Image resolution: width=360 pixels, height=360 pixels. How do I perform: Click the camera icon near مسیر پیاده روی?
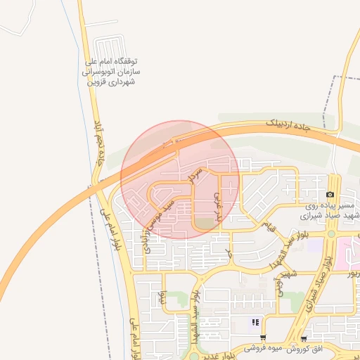[x=330, y=195]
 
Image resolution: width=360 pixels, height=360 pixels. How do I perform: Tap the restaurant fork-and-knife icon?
[x=256, y=322]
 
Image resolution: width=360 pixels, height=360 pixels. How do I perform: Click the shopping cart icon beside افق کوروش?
[x=303, y=338]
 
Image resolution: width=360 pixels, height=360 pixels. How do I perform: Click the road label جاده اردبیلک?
[x=286, y=124]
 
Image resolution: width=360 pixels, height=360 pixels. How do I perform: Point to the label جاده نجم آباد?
[x=102, y=144]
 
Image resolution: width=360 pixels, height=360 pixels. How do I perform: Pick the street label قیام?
[x=267, y=225]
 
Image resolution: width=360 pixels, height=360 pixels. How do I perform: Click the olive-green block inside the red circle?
[x=203, y=224]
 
